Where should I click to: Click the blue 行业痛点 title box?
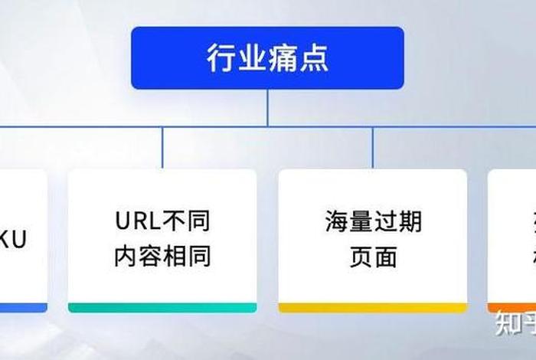[267, 58]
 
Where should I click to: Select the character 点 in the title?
[314, 58]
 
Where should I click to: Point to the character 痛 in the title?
[283, 58]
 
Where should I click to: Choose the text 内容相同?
[162, 257]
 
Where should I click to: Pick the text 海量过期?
[373, 222]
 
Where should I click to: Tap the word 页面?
[373, 257]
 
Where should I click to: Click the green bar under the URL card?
[162, 307]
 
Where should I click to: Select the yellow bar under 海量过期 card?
[373, 307]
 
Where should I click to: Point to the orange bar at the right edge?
[511, 307]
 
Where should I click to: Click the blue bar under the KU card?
[23, 307]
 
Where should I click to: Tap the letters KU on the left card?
[14, 240]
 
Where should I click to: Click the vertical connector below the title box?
[267, 107]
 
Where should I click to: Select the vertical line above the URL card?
[162, 147]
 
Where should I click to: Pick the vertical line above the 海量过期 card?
[373, 147]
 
